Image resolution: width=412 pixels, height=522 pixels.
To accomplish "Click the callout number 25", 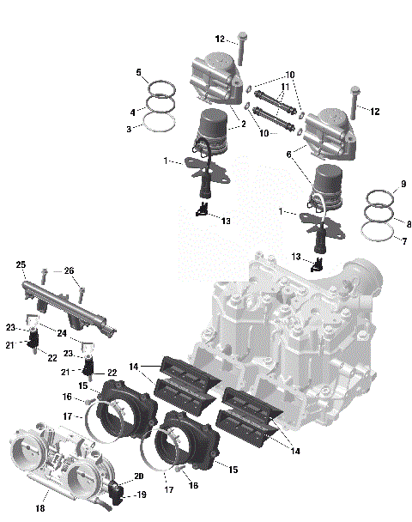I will click(x=21, y=264).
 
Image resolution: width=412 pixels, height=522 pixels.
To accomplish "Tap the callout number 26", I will click(x=70, y=270).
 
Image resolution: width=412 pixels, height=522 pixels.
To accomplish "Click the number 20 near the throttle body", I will click(x=138, y=476).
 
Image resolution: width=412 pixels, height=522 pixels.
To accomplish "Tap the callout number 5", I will click(x=138, y=73).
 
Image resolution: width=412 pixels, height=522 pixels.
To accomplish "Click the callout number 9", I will click(x=402, y=185).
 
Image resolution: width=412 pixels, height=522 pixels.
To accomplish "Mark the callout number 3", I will click(x=130, y=129).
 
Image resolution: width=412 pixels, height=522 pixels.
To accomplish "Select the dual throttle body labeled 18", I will click(x=56, y=464).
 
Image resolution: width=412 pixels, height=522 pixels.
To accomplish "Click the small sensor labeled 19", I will click(x=117, y=493).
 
